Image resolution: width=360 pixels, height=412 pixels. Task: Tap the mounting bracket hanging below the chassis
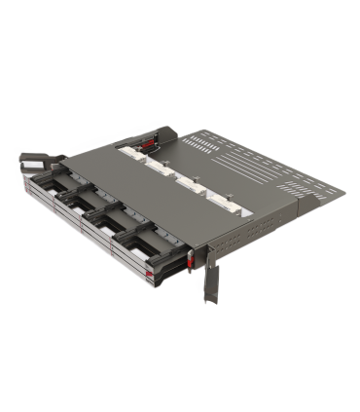click(210, 281)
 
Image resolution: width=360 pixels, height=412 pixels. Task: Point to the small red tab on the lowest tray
click(150, 276)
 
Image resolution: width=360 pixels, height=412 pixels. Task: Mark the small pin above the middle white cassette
click(195, 177)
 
